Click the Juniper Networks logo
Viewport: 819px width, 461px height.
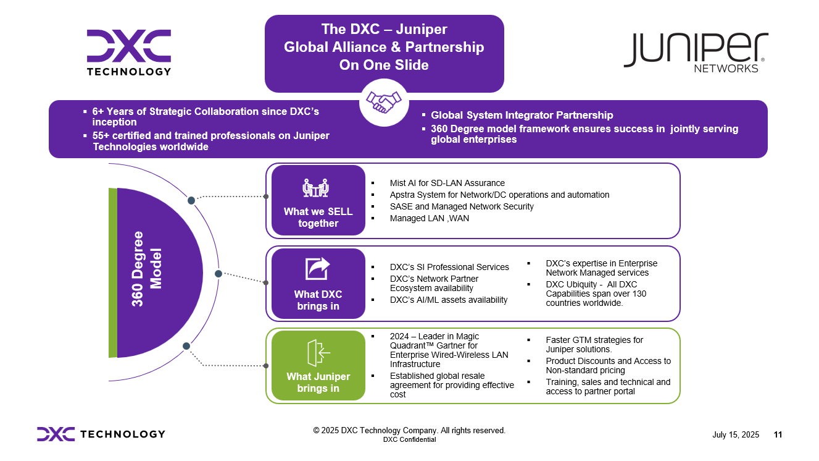click(x=696, y=52)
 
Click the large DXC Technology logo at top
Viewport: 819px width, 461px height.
click(x=129, y=52)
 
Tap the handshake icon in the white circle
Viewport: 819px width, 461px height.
click(x=384, y=102)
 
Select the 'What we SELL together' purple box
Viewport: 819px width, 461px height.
click(x=318, y=200)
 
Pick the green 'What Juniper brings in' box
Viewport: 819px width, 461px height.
click(x=318, y=365)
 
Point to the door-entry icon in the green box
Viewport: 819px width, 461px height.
click(x=318, y=353)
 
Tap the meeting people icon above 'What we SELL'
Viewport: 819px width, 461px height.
click(x=316, y=187)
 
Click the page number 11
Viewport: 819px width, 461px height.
click(x=778, y=435)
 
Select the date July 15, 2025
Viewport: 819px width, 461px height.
click(x=736, y=435)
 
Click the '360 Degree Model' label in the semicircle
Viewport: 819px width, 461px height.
click(x=147, y=268)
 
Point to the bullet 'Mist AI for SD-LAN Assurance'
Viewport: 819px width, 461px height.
click(x=447, y=183)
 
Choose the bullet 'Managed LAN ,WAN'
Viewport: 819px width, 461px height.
click(x=429, y=218)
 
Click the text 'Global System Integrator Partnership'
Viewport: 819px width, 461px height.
click(x=522, y=115)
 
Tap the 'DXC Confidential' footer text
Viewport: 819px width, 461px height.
click(x=409, y=440)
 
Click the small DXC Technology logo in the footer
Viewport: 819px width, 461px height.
click(x=101, y=434)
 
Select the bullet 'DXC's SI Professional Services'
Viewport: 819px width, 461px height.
click(x=449, y=267)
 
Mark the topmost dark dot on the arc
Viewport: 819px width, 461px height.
click(x=191, y=200)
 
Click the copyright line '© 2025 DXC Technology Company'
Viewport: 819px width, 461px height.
click(x=409, y=430)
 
